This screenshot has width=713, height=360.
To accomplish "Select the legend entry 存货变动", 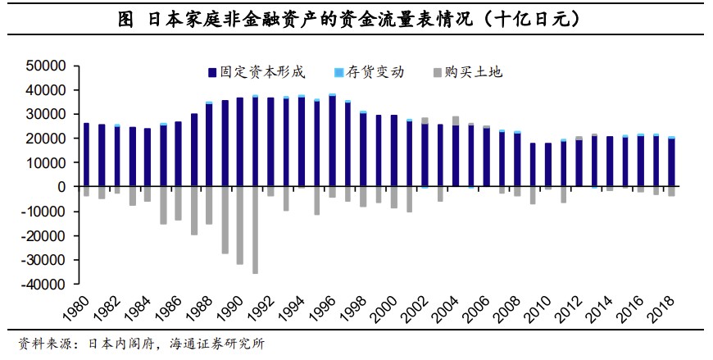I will pyautogui.click(x=374, y=72).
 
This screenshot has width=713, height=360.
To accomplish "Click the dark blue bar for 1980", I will pyautogui.click(x=86, y=155).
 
